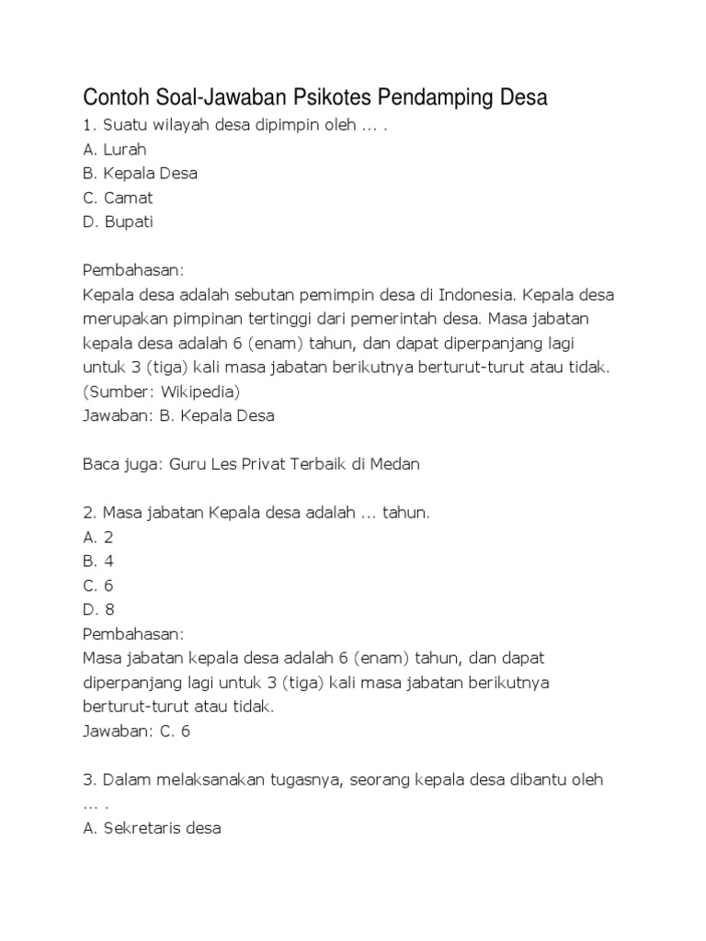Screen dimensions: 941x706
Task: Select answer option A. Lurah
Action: (x=115, y=149)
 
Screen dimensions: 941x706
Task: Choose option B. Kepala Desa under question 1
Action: (x=140, y=173)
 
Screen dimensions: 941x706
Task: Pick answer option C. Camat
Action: (x=118, y=198)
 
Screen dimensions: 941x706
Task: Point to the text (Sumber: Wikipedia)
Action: (x=161, y=391)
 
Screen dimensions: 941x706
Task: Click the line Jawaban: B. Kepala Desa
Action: (x=178, y=415)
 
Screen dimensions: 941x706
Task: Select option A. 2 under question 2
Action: (x=97, y=537)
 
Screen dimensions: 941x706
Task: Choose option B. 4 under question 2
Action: (x=97, y=561)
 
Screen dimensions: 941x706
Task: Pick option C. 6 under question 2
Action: (x=97, y=585)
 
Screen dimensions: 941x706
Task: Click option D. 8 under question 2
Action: (x=97, y=609)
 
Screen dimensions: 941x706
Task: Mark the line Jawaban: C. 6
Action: (x=136, y=731)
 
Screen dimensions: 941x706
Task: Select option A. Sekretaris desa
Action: (x=152, y=828)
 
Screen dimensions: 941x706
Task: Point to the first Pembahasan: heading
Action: (x=133, y=270)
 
